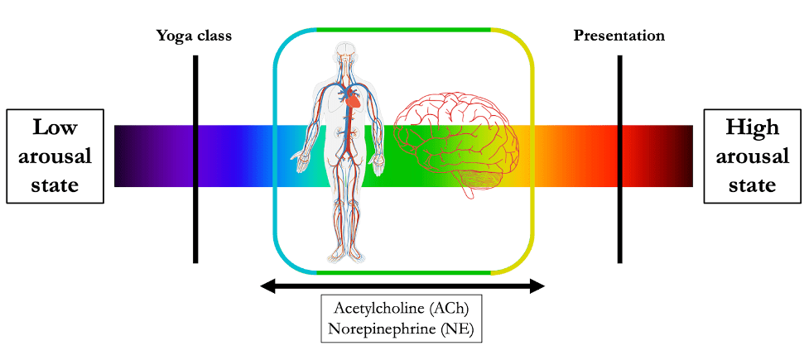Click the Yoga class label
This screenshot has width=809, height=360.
[x=194, y=36]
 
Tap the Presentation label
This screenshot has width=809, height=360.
[x=619, y=36]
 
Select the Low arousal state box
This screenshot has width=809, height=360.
[x=55, y=156]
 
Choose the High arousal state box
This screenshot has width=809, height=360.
[x=752, y=156]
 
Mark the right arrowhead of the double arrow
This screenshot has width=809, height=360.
[x=537, y=286]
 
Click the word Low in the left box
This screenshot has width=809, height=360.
[x=55, y=127]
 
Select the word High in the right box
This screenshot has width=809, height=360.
[x=752, y=127]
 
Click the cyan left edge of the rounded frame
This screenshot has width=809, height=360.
[x=276, y=149]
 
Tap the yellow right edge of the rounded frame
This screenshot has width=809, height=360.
[x=532, y=149]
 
